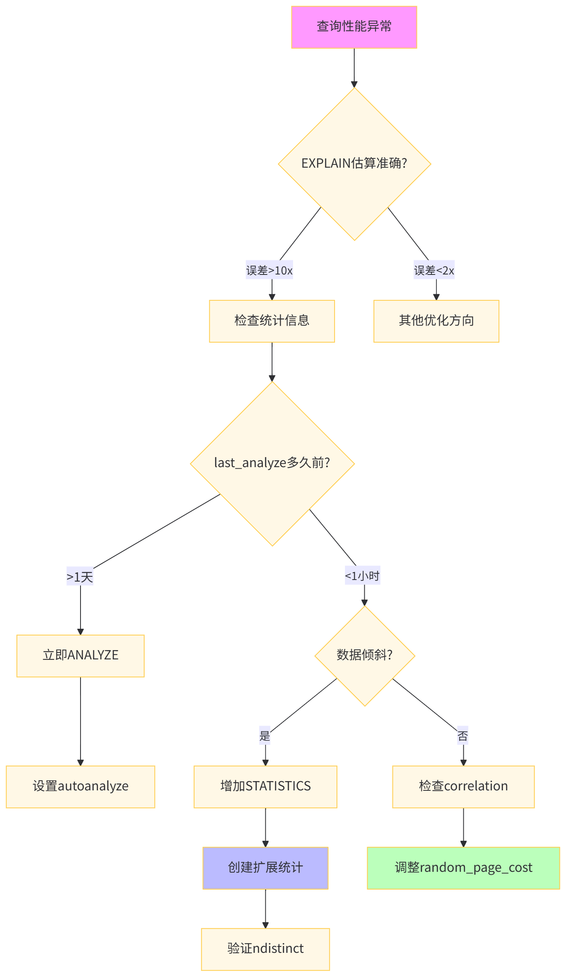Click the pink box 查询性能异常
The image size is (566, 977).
tap(354, 27)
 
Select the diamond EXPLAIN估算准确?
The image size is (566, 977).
tap(354, 164)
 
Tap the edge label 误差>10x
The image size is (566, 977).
tap(269, 270)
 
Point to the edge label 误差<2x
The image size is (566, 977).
tap(434, 270)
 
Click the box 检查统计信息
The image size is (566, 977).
tap(272, 321)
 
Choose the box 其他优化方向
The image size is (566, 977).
tap(436, 321)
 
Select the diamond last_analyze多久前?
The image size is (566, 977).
tap(272, 463)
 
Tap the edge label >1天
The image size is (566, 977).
tap(80, 577)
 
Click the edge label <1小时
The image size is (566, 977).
tap(362, 576)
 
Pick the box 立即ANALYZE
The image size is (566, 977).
tap(81, 655)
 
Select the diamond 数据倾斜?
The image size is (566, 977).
tap(364, 655)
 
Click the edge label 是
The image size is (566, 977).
tap(264, 736)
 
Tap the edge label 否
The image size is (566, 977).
tap(463, 736)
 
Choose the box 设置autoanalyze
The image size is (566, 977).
tap(81, 786)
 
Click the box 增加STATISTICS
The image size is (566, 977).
tap(265, 786)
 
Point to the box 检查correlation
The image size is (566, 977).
tap(463, 786)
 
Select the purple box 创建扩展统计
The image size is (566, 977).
tap(265, 868)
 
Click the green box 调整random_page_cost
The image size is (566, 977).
tap(463, 868)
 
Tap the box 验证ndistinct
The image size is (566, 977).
tap(265, 949)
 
